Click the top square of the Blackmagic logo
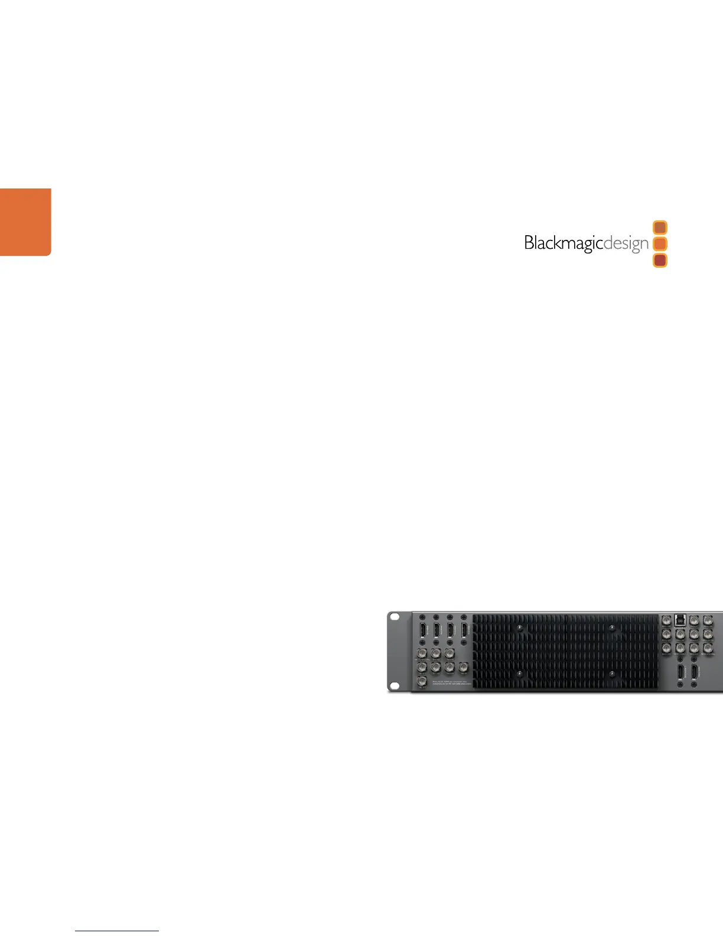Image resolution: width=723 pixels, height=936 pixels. pyautogui.click(x=660, y=227)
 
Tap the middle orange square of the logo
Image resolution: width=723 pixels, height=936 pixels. pyautogui.click(x=660, y=243)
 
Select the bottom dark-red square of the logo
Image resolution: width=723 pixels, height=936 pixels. pyautogui.click(x=660, y=260)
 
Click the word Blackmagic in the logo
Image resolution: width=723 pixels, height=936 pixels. pyautogui.click(x=562, y=243)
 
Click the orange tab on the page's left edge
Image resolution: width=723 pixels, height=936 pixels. pyautogui.click(x=25, y=222)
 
